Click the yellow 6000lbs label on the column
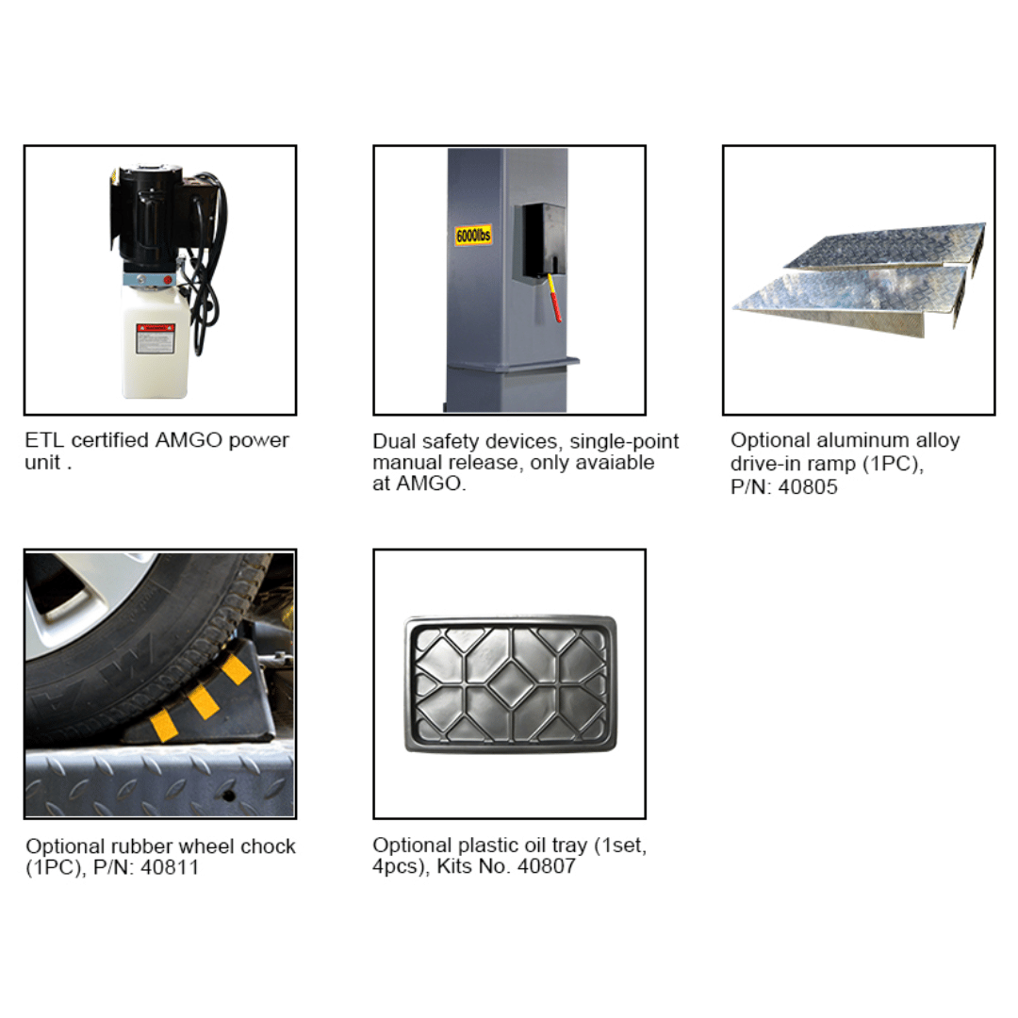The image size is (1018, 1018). pos(472,235)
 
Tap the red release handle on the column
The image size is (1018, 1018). pos(555,298)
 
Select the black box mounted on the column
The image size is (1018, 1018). pos(539,241)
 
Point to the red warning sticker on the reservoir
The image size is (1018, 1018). pos(156,337)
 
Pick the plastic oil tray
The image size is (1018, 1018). pos(510,683)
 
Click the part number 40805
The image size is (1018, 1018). pos(809,487)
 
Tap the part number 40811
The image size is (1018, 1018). pos(170,868)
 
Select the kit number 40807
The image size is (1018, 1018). pos(545,866)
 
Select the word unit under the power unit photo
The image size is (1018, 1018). pos(41,463)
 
